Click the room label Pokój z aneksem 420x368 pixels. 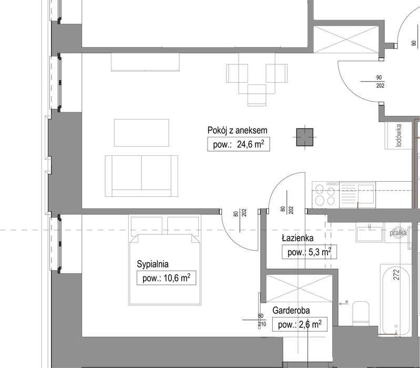[237, 131]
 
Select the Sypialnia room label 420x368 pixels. [152, 264]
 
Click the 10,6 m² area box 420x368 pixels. [166, 278]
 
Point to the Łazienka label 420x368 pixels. [298, 238]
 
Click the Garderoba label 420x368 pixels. [291, 310]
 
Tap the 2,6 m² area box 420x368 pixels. [300, 324]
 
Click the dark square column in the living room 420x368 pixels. [304, 137]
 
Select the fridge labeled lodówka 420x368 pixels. [398, 135]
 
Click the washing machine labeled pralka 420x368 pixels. [398, 233]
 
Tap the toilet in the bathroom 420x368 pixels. [361, 313]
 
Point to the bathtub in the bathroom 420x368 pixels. [396, 300]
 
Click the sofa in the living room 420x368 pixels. [141, 176]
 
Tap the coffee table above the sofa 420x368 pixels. [141, 133]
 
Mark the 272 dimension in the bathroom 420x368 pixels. [396, 274]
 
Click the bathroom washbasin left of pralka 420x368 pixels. [370, 233]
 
